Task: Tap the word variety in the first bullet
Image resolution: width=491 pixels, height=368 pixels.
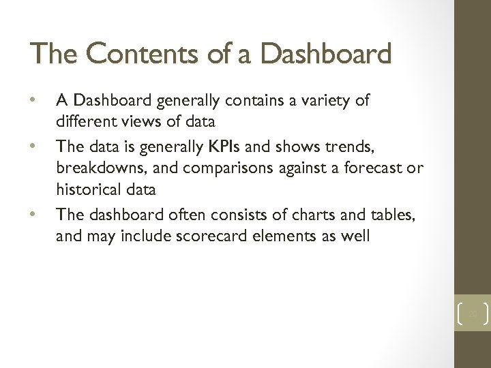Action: click(327, 101)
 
